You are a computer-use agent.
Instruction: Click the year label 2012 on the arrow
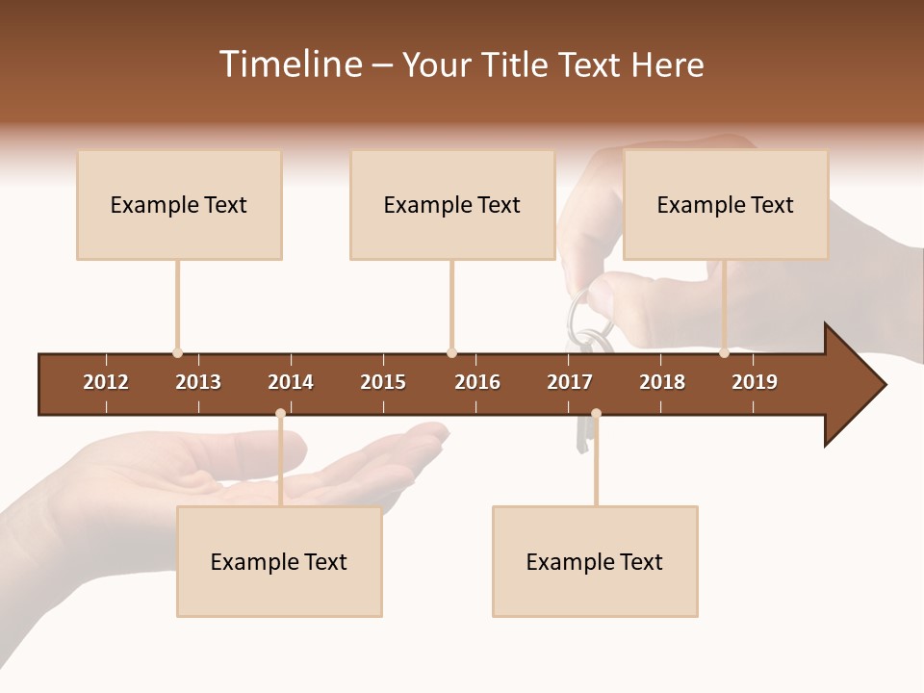pyautogui.click(x=106, y=382)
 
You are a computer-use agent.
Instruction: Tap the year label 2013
pyautogui.click(x=198, y=382)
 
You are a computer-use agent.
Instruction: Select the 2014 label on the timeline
pyautogui.click(x=291, y=382)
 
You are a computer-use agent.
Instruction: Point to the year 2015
pyautogui.click(x=383, y=382)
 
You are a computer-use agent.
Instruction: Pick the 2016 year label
pyautogui.click(x=477, y=382)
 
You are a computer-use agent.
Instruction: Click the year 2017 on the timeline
pyautogui.click(x=570, y=382)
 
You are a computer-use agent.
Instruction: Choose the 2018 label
pyautogui.click(x=662, y=382)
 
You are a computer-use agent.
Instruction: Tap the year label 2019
pyautogui.click(x=755, y=382)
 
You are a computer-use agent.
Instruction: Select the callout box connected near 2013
pyautogui.click(x=179, y=205)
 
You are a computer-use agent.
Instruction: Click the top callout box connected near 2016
pyautogui.click(x=452, y=205)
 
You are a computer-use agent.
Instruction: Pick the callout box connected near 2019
pyautogui.click(x=726, y=205)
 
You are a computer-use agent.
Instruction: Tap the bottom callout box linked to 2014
pyautogui.click(x=279, y=562)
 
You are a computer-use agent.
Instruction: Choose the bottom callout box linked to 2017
pyautogui.click(x=595, y=562)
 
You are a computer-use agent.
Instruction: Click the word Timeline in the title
pyautogui.click(x=291, y=64)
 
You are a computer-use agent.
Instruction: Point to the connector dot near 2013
pyautogui.click(x=177, y=353)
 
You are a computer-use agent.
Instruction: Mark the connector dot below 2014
pyautogui.click(x=280, y=414)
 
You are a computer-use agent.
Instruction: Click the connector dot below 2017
pyautogui.click(x=596, y=414)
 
